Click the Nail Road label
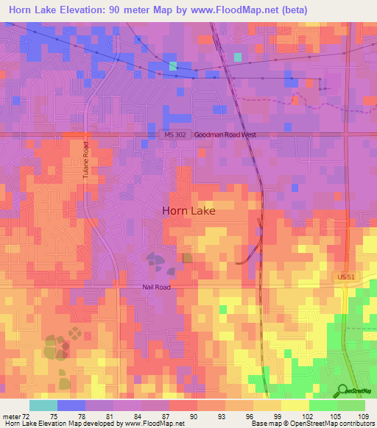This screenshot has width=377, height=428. [x=156, y=287]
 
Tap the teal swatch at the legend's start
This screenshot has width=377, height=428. [x=43, y=405]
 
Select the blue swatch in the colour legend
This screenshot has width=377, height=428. [x=71, y=405]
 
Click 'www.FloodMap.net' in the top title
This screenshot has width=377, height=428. [x=237, y=10]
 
